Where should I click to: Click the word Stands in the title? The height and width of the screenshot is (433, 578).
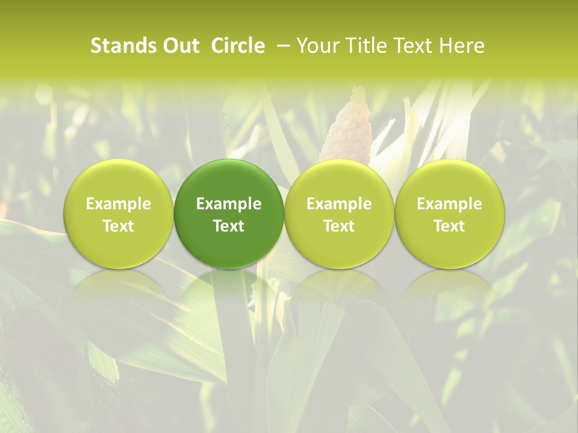coord(123,46)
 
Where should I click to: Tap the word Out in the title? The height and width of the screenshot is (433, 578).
coord(179,46)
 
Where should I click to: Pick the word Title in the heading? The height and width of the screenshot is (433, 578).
coord(363,46)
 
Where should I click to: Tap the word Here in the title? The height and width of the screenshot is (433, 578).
coord(462,46)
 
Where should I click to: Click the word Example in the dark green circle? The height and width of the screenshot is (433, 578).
coord(229,204)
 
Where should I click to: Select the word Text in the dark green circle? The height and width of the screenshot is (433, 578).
coord(229,226)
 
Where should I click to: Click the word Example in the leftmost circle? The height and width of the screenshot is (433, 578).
coord(118,204)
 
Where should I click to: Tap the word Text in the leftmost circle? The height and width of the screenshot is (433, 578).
coord(118,226)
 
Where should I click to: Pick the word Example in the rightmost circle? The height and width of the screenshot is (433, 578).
coord(449,204)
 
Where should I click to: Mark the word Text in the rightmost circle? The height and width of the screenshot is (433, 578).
coord(449,226)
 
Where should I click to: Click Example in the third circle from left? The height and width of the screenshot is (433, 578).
coord(339,204)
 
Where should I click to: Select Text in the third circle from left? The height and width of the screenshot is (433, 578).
coord(339,226)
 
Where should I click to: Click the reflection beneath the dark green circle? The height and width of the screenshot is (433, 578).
coord(229,295)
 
